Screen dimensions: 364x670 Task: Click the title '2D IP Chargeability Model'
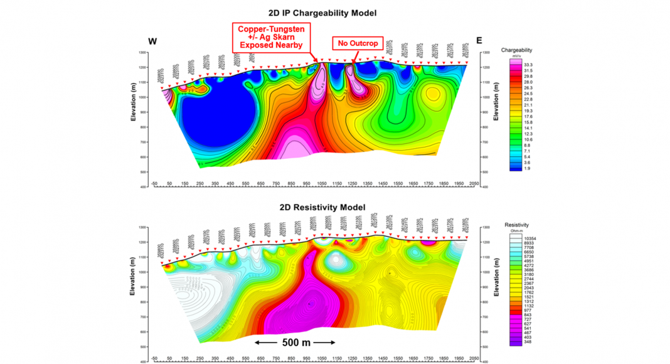(x=321, y=13)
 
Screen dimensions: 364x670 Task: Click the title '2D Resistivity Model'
(x=321, y=208)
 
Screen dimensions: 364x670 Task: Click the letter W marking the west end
(x=152, y=41)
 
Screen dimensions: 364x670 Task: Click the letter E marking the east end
(x=479, y=41)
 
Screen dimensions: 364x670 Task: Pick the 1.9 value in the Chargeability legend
(x=528, y=169)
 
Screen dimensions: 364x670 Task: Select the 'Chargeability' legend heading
(x=517, y=49)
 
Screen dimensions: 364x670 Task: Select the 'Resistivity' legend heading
(x=517, y=224)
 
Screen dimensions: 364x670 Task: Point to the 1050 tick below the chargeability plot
(x=321, y=183)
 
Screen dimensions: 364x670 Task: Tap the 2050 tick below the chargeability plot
(x=474, y=183)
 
